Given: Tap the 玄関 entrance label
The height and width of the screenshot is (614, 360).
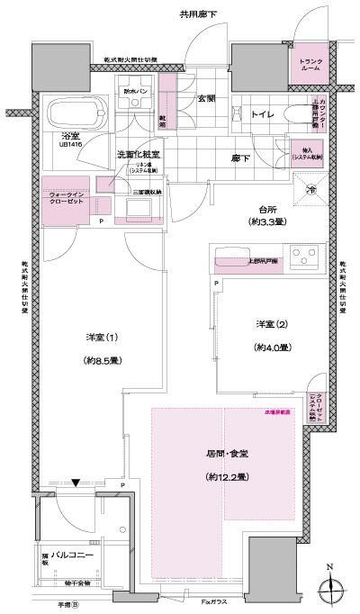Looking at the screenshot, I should coord(208,98).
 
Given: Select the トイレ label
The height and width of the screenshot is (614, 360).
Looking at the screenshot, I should coord(263,115).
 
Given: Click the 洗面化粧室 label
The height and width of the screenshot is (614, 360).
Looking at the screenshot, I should coord(139,155).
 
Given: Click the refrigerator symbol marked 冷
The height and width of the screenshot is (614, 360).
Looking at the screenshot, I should coord(310,189).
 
